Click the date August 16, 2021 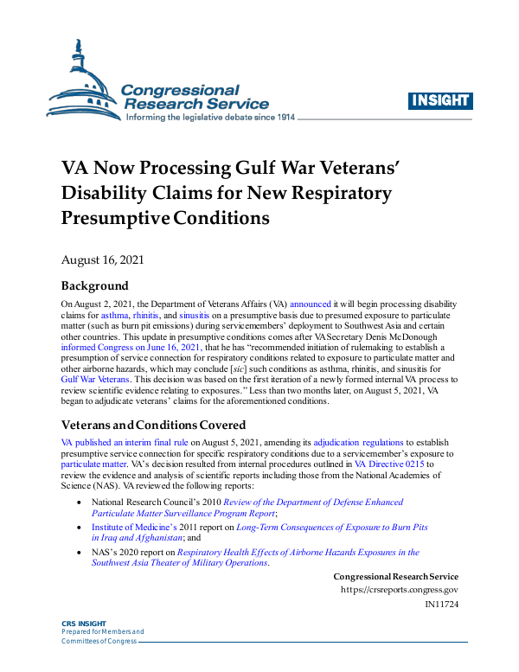pos(102,259)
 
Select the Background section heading pos(94,286)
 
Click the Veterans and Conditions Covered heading pos(153,425)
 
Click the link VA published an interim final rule pos(125,442)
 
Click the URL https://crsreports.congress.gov pos(400,590)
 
